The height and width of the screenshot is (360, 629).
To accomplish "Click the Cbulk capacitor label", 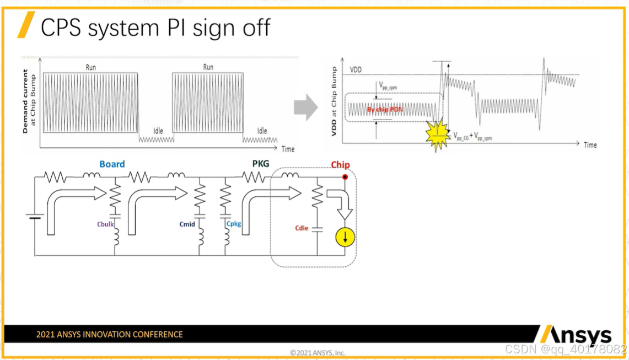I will (105, 224).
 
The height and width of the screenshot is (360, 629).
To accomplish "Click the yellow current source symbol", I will (346, 238).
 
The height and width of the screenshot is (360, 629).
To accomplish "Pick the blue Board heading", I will (112, 164).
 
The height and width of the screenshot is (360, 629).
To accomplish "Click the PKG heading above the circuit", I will (260, 163).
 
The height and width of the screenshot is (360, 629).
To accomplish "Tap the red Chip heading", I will (340, 165).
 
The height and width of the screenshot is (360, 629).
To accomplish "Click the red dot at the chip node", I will (345, 177).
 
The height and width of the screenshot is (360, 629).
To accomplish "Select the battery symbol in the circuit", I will (35, 217).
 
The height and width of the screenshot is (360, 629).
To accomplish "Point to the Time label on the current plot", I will (288, 149).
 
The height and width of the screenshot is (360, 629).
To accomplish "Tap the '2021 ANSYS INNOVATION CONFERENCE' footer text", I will (109, 334).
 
